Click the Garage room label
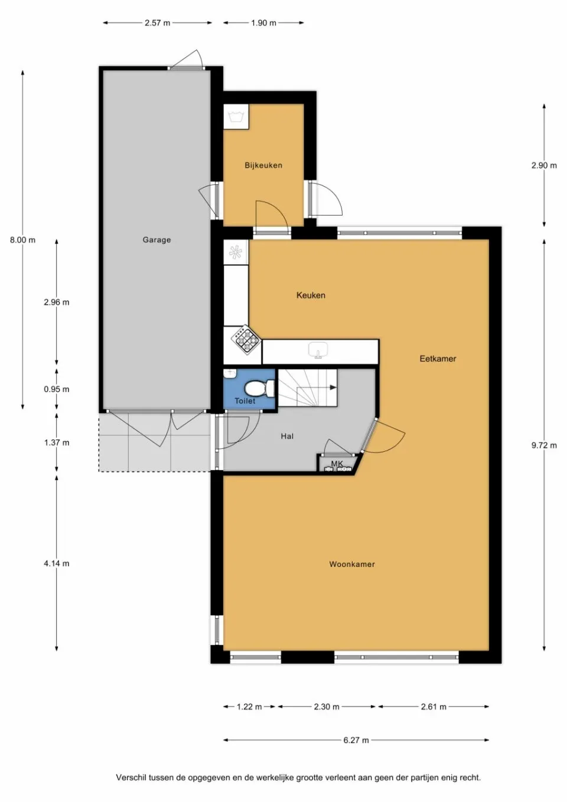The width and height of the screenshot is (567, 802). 157,240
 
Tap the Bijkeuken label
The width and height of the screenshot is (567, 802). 263,165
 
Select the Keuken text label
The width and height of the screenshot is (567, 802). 311,295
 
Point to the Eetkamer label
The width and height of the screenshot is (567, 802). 438,358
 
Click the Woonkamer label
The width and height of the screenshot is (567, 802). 352,564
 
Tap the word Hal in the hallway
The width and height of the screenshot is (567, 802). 287,436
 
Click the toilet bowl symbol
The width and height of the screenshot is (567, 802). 259,388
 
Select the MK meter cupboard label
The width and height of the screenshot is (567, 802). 337,464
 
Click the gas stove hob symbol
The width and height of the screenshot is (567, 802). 246,339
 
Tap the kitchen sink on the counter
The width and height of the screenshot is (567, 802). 318,351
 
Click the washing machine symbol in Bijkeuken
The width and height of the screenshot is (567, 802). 236,116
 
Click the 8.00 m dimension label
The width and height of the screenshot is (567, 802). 22,240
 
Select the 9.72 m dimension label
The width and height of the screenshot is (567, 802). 543,445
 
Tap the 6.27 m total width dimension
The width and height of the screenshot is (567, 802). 356,740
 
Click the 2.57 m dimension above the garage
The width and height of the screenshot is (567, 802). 157,23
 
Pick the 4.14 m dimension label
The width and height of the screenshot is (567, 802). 56,563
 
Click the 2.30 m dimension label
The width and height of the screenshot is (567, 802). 327,706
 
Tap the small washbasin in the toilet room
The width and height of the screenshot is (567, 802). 230,373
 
